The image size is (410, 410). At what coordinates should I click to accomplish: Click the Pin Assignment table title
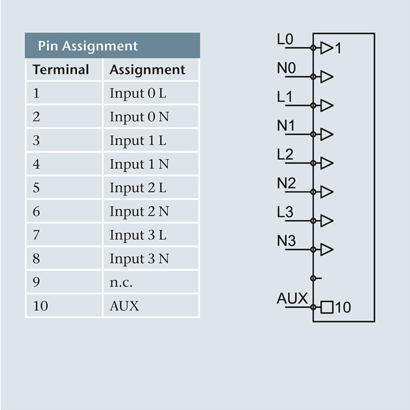point(88,46)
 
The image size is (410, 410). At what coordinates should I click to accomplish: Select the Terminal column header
point(61,70)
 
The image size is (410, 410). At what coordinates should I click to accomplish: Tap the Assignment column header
point(147,70)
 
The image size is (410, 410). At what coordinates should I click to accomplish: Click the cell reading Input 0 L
point(138,94)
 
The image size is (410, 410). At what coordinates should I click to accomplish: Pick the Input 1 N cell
point(139,165)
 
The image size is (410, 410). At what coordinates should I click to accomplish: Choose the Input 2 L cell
point(138,188)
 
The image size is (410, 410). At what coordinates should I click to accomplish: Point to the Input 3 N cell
point(139,259)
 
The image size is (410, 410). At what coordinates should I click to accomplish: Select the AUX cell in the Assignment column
point(124,306)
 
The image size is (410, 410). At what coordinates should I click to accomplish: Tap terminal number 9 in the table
point(36,282)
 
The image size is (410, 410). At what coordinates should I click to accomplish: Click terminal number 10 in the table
point(40,306)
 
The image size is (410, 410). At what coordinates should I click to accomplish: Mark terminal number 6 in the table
point(36,212)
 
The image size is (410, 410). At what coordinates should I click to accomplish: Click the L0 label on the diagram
point(285,39)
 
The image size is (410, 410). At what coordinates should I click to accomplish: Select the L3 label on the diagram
point(285,212)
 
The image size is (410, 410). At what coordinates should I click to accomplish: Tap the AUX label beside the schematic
point(292,298)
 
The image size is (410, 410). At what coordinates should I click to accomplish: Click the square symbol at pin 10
point(326,307)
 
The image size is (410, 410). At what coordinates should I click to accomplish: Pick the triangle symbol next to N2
point(326,192)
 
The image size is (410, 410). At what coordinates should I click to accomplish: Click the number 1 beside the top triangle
point(338,49)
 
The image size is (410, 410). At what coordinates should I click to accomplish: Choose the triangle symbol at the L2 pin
point(326,163)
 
